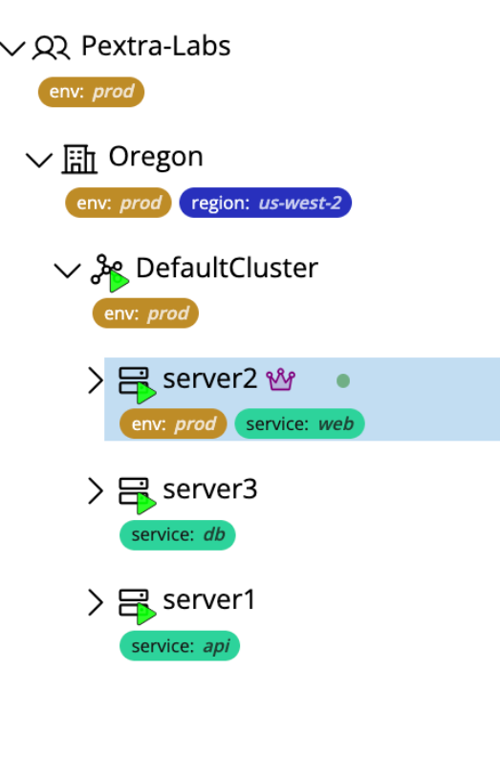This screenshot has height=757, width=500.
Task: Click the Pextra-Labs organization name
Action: (155, 46)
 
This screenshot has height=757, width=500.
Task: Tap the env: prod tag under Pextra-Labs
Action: (92, 93)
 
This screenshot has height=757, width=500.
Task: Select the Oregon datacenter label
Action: (155, 157)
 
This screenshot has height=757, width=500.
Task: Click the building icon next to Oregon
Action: (79, 158)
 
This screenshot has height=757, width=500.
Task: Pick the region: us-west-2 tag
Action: (265, 204)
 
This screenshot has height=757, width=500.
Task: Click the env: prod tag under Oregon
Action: (119, 204)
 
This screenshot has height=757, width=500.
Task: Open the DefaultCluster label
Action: (227, 268)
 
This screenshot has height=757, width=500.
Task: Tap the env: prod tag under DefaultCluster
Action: (145, 314)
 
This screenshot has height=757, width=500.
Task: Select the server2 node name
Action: (209, 378)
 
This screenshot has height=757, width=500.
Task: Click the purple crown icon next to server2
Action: (281, 379)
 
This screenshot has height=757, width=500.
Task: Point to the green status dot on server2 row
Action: (343, 380)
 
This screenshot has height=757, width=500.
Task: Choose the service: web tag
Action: (299, 424)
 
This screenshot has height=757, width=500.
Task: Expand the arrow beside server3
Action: (95, 491)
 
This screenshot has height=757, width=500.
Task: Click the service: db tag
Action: (177, 535)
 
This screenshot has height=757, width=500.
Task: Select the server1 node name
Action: (209, 600)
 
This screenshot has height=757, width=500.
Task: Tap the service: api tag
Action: (179, 646)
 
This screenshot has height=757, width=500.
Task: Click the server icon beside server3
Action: (135, 492)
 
